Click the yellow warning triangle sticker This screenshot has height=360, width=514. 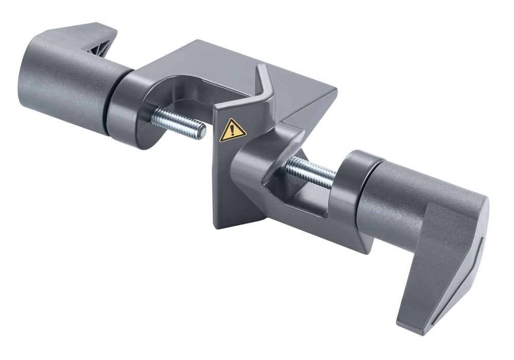pos(232,130)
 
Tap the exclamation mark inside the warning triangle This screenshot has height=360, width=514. pos(232,131)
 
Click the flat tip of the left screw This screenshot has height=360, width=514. pos(201,132)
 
